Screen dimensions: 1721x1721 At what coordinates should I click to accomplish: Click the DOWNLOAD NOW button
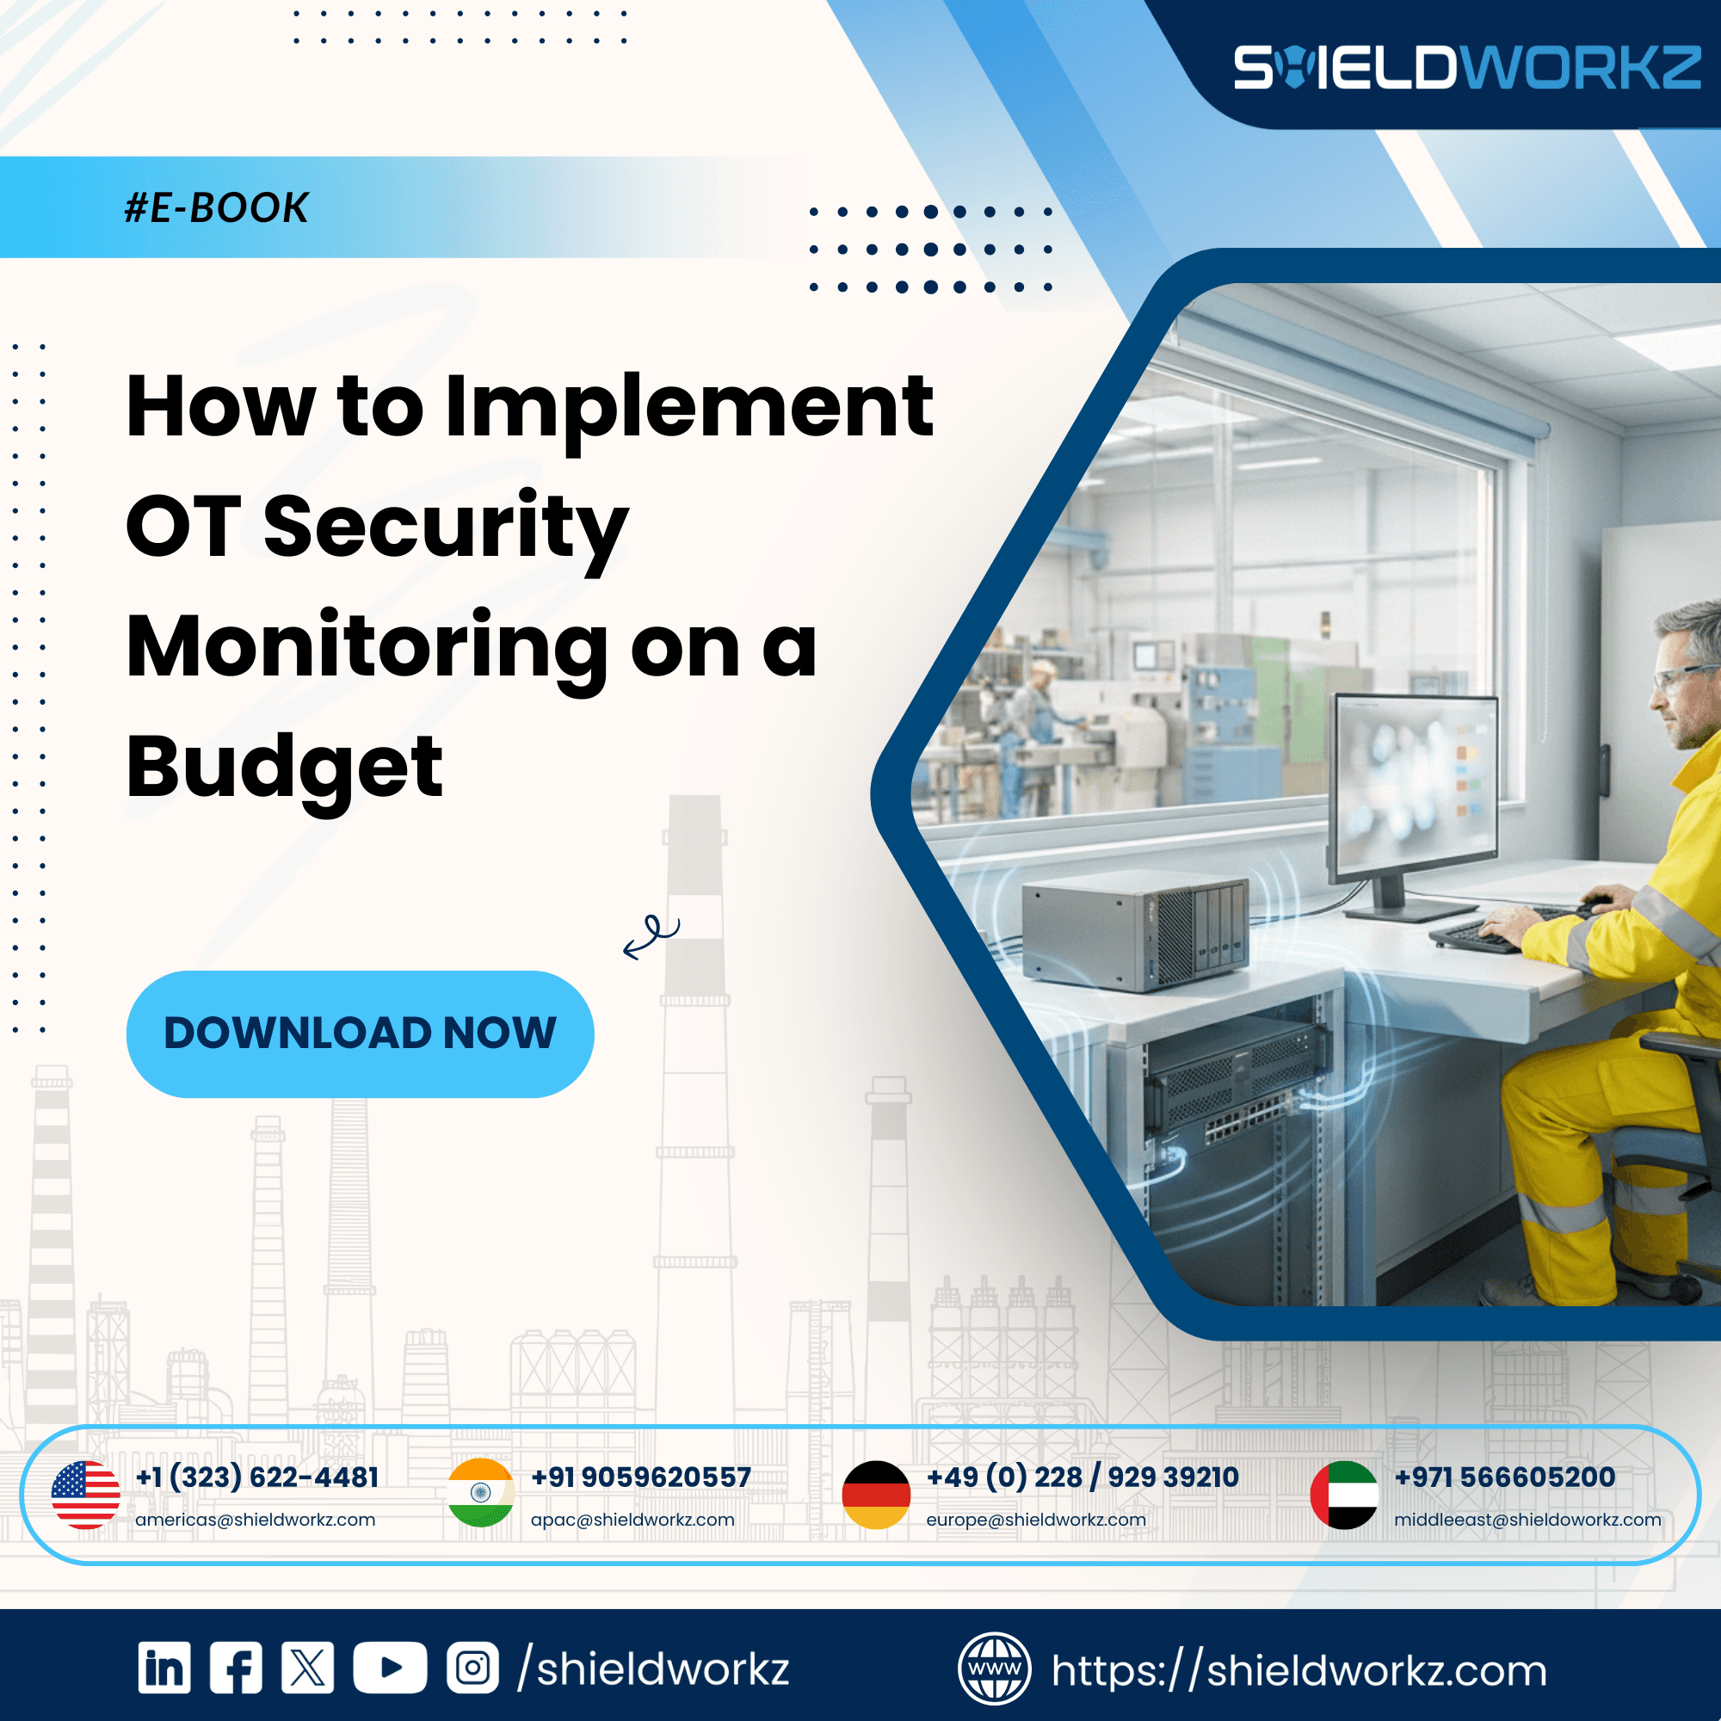(360, 1033)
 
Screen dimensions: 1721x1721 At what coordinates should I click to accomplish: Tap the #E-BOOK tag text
(217, 207)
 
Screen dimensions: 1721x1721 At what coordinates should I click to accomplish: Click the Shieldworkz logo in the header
(1466, 68)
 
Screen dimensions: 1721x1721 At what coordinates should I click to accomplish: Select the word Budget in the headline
(284, 768)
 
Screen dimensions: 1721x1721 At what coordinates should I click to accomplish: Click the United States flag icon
(85, 1495)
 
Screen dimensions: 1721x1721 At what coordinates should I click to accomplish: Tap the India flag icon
(481, 1493)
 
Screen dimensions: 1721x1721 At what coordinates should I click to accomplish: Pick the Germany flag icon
(876, 1495)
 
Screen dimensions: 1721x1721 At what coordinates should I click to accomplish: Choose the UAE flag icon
(1343, 1495)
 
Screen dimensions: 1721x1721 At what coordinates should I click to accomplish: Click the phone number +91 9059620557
(640, 1477)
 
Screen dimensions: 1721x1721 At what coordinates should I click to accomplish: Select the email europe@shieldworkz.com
(1035, 1520)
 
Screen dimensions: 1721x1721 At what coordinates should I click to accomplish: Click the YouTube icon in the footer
(389, 1668)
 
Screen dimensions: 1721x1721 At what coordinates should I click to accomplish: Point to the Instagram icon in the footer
(472, 1668)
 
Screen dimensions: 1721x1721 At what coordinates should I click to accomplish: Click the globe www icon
(994, 1669)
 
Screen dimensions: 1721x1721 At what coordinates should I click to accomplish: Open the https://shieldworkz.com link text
(1298, 1670)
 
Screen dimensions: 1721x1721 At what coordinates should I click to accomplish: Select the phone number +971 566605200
(1504, 1477)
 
